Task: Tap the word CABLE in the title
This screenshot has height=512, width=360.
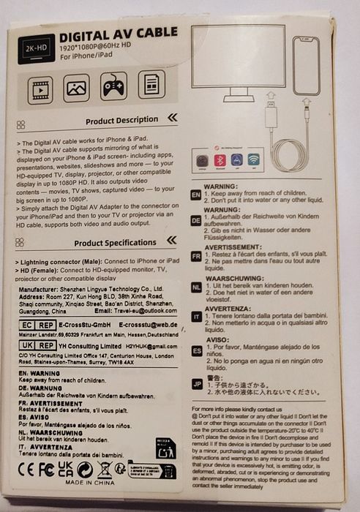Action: point(154,32)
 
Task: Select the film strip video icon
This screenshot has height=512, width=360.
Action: point(40,88)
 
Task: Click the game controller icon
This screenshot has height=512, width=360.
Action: point(113,86)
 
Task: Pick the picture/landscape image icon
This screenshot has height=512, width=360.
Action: point(76,88)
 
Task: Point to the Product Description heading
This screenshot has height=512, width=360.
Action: point(121,120)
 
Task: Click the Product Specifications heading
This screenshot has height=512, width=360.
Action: point(115,243)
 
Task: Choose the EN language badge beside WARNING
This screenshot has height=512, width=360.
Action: point(195,195)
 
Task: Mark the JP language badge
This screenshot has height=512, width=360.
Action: point(195,383)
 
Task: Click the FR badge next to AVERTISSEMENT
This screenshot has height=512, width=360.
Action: point(195,256)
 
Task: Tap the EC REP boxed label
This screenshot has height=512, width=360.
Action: point(35,323)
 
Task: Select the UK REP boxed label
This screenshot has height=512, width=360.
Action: point(35,345)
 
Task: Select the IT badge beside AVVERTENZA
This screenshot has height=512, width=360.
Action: point(195,316)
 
